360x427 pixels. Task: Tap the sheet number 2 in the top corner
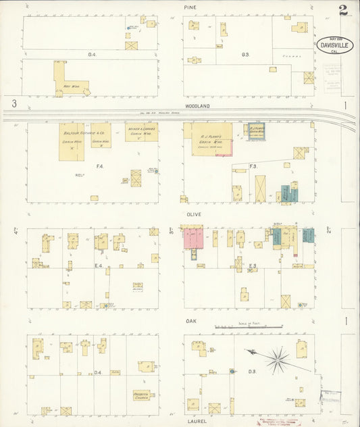[x=344, y=10]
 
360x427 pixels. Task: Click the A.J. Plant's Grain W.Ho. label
[x=209, y=138]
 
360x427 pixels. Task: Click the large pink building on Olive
[x=193, y=238]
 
